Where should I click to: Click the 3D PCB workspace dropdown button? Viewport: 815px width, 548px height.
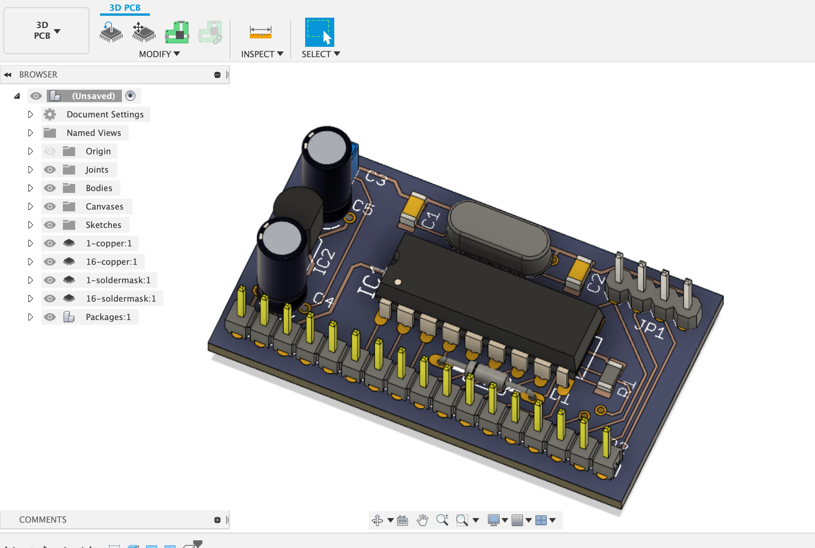[46, 31]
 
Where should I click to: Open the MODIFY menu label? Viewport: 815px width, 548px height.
[159, 54]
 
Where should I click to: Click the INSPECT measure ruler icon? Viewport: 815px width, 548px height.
[260, 32]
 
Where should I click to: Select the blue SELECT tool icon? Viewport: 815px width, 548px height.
[319, 32]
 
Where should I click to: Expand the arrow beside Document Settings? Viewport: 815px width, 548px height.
[31, 114]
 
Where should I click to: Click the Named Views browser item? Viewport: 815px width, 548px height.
[94, 133]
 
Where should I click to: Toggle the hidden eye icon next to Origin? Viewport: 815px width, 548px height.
[50, 151]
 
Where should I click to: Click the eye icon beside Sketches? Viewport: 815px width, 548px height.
[50, 225]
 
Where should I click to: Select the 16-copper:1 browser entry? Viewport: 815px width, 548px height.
[111, 262]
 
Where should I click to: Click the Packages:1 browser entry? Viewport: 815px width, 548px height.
[108, 317]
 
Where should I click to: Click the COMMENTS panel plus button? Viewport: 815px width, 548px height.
[217, 520]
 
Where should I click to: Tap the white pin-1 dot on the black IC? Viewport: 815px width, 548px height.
[398, 282]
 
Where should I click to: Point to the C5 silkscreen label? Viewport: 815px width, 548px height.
[363, 207]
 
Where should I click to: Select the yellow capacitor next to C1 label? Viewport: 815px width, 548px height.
[413, 210]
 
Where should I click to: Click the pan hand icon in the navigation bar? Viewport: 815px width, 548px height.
[422, 520]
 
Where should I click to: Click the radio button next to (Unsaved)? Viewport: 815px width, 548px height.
[130, 96]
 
